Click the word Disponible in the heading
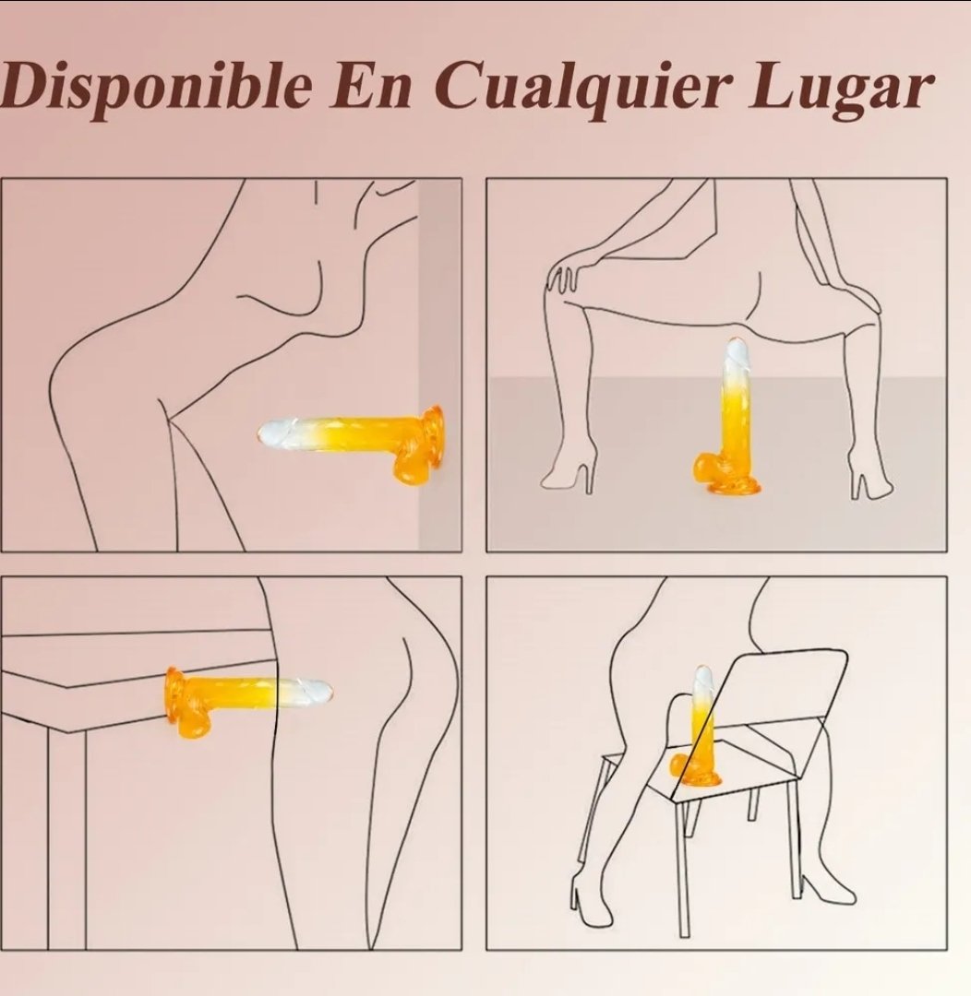coord(156,87)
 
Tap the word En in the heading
coord(370,85)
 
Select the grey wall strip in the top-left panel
coord(439,364)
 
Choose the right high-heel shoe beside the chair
coord(827,887)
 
